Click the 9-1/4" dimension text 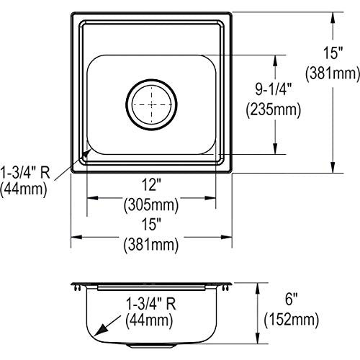273,89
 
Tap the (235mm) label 274,109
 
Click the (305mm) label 151,204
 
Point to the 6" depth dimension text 291,299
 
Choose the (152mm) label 292,320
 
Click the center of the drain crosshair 151,104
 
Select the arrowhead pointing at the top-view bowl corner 86,153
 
